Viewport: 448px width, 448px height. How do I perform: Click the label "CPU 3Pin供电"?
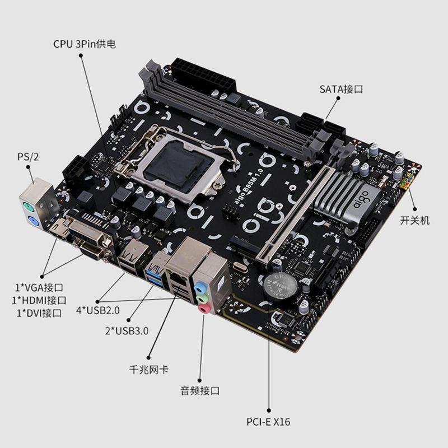point(85,44)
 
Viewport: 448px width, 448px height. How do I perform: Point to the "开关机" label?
point(414,221)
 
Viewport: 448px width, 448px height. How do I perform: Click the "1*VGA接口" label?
point(39,288)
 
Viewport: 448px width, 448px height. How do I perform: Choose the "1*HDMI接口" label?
point(39,301)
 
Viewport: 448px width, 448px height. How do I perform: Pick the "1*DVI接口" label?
point(39,312)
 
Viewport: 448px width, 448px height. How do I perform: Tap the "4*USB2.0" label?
point(97,310)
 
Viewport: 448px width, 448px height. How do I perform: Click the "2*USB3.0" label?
point(127,330)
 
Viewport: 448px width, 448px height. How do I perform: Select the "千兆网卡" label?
point(148,370)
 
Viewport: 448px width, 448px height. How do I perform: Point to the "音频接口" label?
point(199,390)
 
